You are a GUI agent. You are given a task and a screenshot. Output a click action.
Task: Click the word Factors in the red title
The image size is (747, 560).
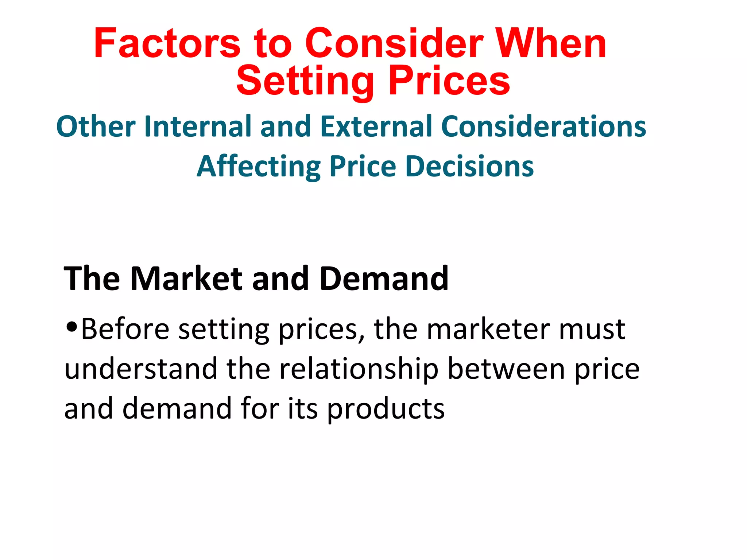tap(167, 44)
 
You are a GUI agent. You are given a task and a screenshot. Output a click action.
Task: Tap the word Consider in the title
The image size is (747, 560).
tap(394, 44)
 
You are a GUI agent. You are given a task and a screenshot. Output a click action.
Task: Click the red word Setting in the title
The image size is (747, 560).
tap(305, 81)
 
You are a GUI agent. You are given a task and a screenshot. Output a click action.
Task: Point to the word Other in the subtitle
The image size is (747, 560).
tap(96, 127)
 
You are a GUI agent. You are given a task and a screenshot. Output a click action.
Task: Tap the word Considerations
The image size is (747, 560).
tap(543, 127)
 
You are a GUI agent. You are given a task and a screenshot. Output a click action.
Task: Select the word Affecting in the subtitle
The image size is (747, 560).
tap(258, 167)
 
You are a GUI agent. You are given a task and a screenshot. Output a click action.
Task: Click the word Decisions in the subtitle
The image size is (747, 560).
tap(469, 167)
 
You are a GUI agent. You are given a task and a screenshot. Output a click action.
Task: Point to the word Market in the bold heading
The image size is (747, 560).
tap(186, 279)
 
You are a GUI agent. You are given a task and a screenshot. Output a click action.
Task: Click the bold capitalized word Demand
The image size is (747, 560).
tap(384, 279)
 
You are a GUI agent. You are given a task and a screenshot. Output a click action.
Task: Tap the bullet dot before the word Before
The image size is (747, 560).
tap(72, 326)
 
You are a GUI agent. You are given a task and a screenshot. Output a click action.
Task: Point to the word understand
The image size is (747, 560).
tap(141, 369)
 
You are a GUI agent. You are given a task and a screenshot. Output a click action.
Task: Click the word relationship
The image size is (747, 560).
tap(359, 369)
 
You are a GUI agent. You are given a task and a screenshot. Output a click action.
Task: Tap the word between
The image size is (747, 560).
tap(506, 369)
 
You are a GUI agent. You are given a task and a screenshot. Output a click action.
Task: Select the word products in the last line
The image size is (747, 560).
tap(386, 409)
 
